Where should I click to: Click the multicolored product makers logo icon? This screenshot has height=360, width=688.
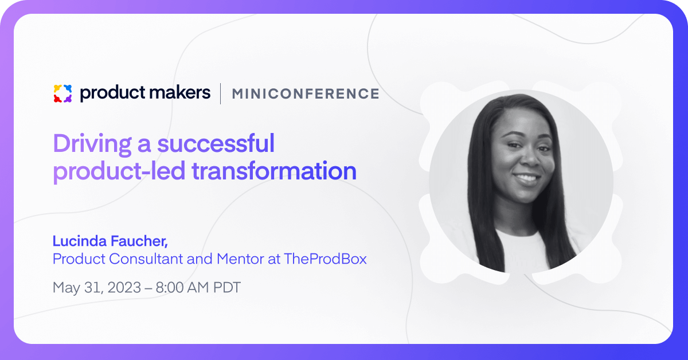tap(62, 93)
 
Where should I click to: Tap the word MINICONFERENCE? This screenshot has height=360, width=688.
tap(306, 93)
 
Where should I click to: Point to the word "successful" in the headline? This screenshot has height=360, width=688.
tap(216, 143)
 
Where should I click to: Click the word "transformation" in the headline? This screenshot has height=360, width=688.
tap(274, 171)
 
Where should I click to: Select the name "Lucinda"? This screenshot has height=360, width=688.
tap(80, 241)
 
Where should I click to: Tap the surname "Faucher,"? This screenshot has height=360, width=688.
tap(139, 241)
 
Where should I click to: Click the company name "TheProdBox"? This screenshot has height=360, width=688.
tap(325, 259)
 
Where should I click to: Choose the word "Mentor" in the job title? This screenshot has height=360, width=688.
tap(240, 259)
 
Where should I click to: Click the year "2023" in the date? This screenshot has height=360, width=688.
tap(124, 288)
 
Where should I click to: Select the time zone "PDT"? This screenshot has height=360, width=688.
tap(227, 288)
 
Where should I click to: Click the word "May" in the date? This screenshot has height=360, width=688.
tap(67, 288)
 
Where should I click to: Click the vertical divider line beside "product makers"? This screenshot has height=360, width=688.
tap(221, 93)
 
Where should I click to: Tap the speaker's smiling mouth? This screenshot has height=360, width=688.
tap(527, 178)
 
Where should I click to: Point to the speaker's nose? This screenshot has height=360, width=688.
tap(531, 156)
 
